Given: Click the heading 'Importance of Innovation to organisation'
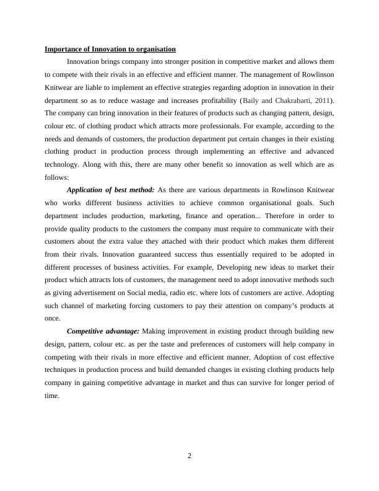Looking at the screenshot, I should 110,48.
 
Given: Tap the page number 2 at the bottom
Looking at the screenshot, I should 189,456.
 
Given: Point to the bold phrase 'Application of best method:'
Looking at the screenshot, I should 110,189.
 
